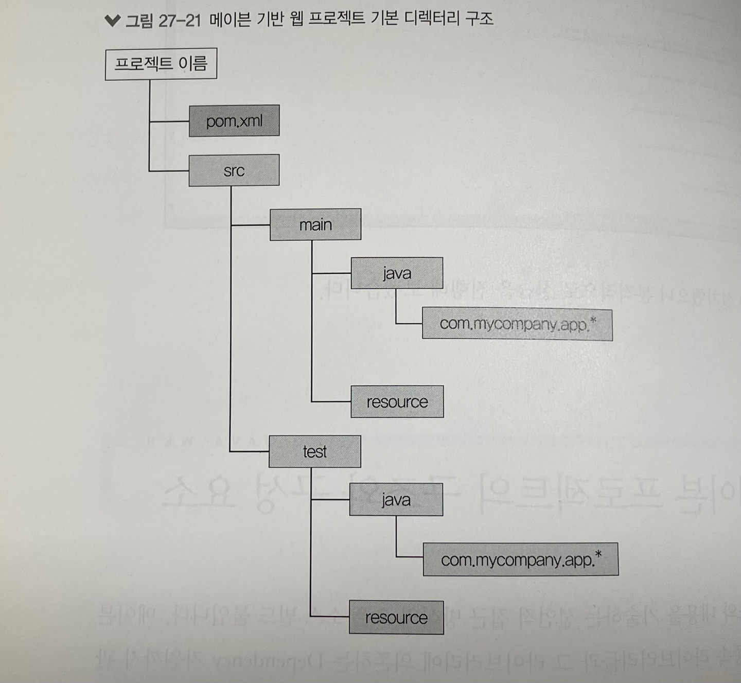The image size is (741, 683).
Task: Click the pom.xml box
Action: pos(234,121)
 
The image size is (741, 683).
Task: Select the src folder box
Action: pos(234,170)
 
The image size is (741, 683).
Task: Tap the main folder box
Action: pos(315,224)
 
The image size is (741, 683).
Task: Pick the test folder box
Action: pos(315,451)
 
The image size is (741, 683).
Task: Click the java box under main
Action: pos(397,273)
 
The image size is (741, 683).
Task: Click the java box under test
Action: pos(396,500)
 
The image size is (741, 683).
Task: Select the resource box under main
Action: pos(397,401)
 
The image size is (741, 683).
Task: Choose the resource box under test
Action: pos(396,617)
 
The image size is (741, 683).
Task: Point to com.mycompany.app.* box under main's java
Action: pos(517,324)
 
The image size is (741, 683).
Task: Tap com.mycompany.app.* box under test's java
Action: pos(520,559)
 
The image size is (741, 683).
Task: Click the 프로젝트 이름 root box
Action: pos(161,64)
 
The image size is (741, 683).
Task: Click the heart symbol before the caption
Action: pos(112,20)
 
